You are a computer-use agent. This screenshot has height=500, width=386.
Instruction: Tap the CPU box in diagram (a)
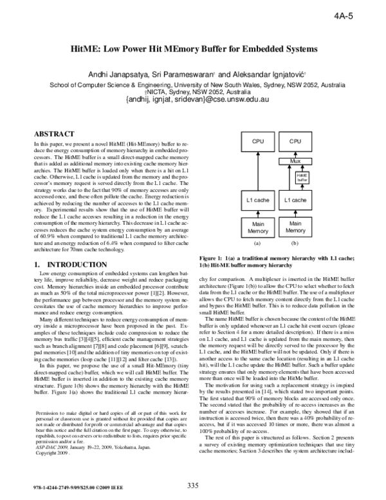tap(257, 141)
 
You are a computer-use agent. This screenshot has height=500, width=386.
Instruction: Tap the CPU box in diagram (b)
tap(295, 141)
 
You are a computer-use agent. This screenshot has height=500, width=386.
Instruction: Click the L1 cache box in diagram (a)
tap(257, 201)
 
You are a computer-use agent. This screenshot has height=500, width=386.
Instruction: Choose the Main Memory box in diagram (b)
tap(295, 226)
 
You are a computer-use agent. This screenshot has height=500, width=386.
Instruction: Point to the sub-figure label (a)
tap(257, 244)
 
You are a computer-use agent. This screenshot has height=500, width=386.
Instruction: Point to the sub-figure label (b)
tap(295, 244)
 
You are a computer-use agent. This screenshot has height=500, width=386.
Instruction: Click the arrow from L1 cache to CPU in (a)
tap(257, 170)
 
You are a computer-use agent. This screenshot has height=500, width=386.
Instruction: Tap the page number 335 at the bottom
tap(193, 485)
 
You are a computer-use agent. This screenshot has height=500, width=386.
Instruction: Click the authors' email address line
tap(193, 101)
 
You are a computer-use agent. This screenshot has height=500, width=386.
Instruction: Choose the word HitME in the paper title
tap(90, 49)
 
